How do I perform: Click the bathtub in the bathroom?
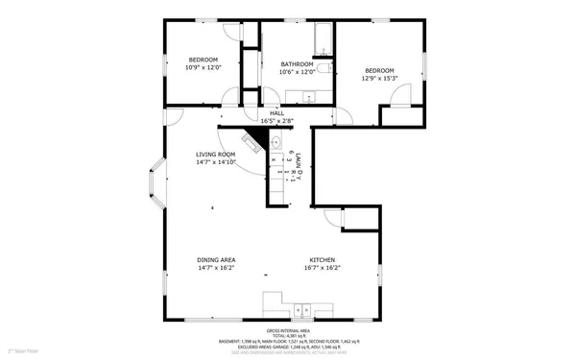coord(324,39)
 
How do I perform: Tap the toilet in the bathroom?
coord(324,69)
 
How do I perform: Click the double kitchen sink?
coord(302,310)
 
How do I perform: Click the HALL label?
coord(276,113)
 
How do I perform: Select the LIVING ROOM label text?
coord(216,155)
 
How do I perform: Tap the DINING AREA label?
coord(216,260)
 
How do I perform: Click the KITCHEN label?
coord(321,260)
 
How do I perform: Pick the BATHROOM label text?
coord(297,64)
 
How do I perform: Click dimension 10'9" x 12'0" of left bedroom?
coord(204,67)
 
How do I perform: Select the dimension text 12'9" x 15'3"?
coord(380,79)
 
